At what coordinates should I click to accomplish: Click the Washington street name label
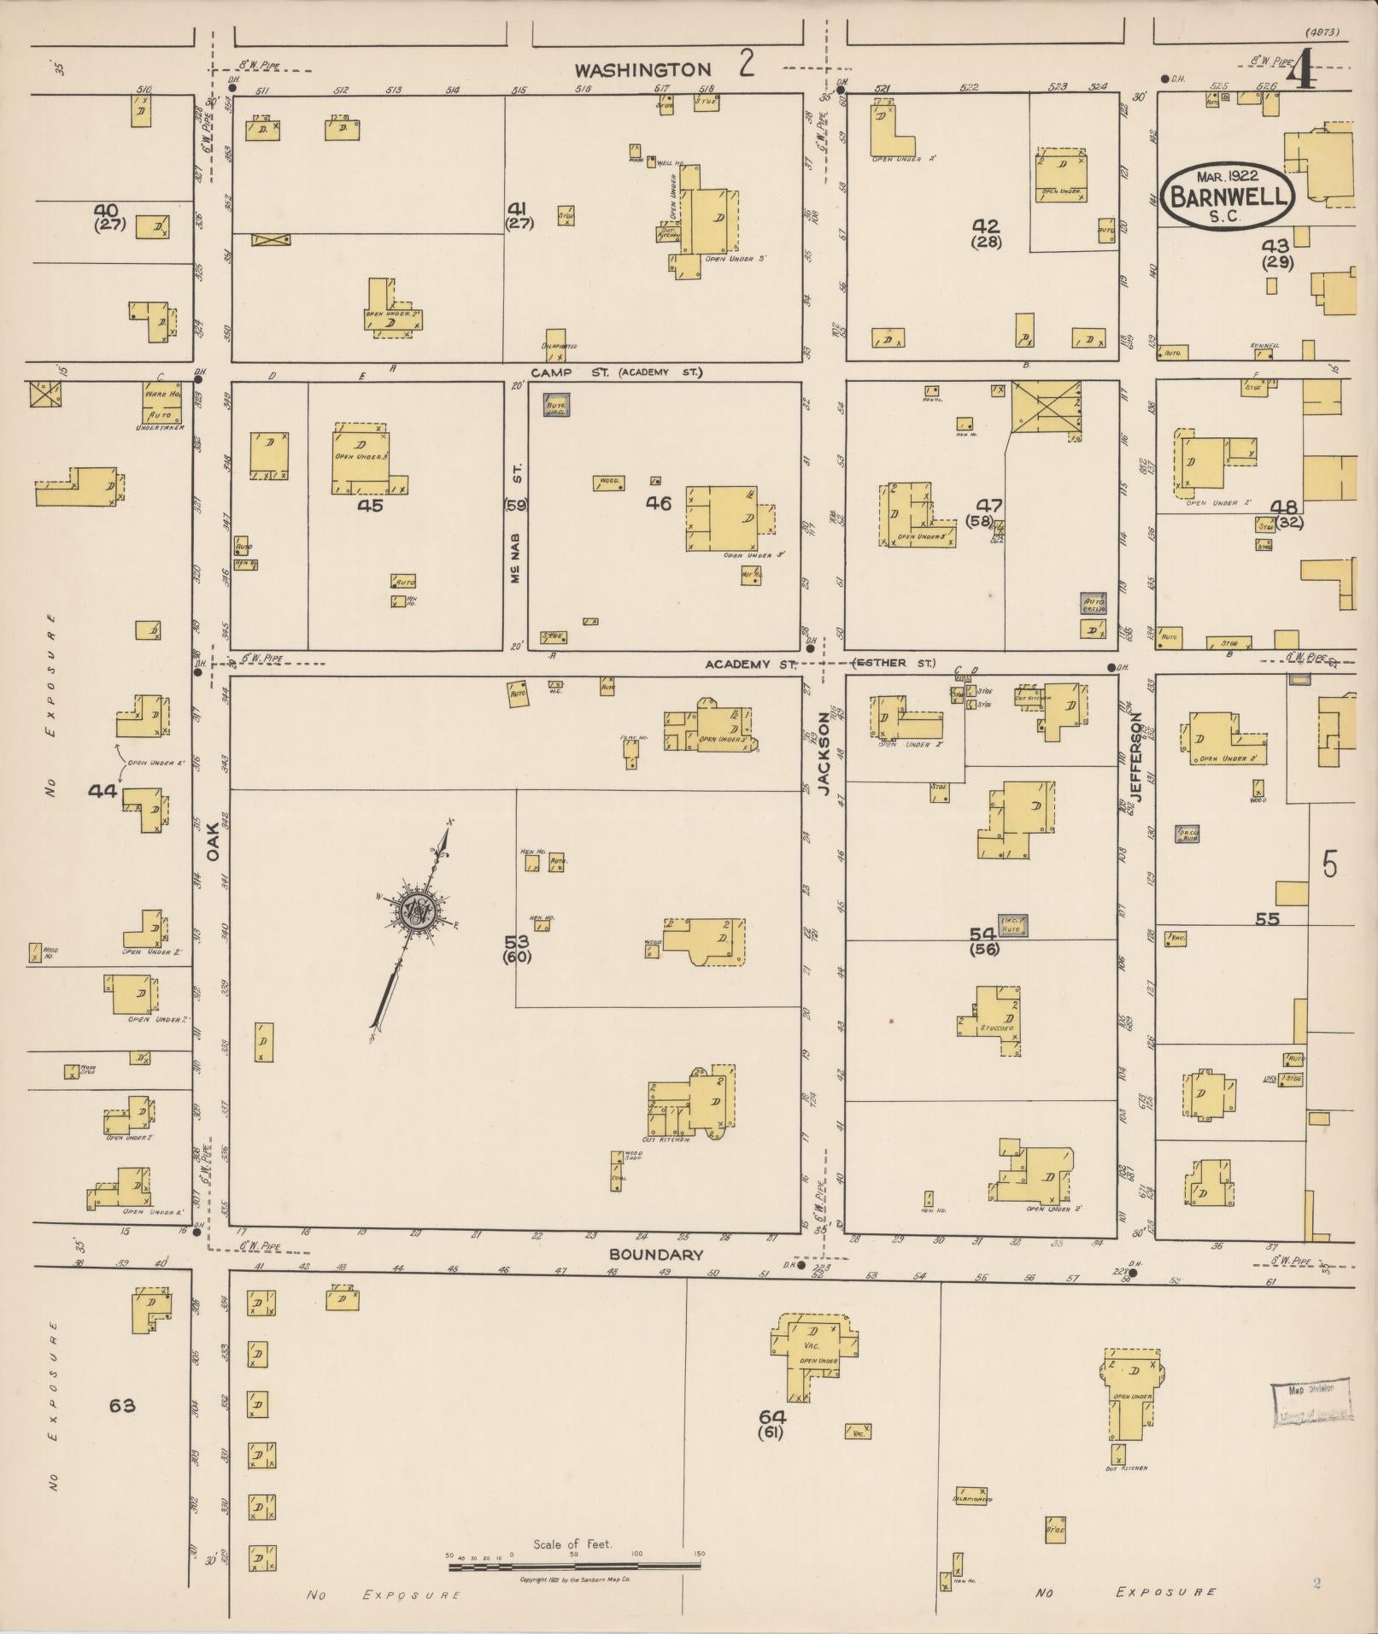[x=642, y=70]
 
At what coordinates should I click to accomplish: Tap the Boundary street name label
[x=656, y=1255]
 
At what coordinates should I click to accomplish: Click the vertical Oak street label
[x=213, y=840]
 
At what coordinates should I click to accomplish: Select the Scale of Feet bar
[x=574, y=1566]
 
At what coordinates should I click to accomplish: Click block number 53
[x=516, y=941]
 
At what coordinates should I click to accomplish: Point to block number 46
[x=658, y=504]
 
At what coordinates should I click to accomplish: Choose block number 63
[x=122, y=1405]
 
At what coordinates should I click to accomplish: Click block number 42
[x=986, y=225]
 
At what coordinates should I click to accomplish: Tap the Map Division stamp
[x=1311, y=1403]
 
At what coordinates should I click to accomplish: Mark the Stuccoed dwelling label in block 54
[x=997, y=1028]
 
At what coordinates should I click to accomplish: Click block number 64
[x=772, y=1415]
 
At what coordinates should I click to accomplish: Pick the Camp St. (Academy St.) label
[x=615, y=372]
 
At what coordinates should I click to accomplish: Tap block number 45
[x=370, y=505]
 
